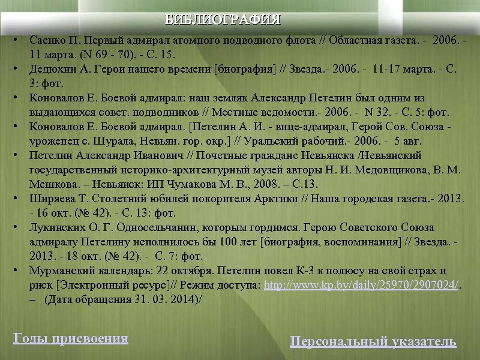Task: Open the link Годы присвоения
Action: pos(71,338)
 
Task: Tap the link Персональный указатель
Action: pos(373,342)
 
